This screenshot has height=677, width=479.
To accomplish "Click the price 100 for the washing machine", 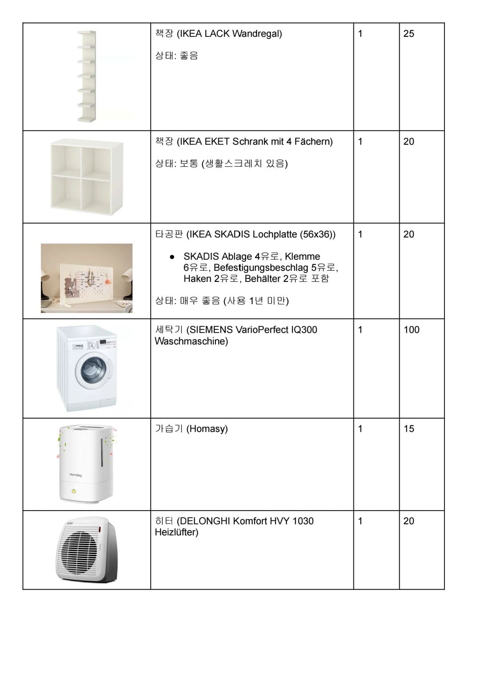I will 411,330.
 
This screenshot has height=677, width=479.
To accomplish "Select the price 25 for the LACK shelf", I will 408,34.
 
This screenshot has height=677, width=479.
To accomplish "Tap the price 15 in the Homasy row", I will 408,429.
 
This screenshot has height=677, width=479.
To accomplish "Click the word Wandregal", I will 257,34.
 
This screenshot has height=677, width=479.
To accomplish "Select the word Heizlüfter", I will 176,532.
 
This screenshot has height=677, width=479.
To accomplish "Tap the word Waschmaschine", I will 191,341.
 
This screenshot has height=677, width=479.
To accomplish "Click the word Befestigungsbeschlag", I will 261,268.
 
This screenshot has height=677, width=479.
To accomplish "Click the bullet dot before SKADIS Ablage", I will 172,257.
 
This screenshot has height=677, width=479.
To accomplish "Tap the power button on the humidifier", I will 74,491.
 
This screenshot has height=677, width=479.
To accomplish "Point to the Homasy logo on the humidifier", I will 75,475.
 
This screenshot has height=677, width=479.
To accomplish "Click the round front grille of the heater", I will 82,553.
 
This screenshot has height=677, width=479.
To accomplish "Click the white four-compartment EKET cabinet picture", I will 86,177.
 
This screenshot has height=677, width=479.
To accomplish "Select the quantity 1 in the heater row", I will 360,521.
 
